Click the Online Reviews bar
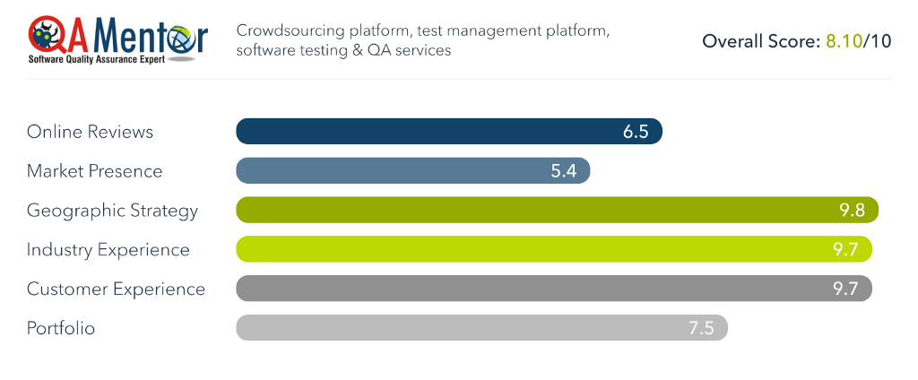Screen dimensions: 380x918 [x=448, y=132]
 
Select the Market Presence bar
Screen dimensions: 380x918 [x=412, y=171]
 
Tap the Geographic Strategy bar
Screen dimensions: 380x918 [x=556, y=211]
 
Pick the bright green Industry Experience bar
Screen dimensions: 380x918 [x=553, y=250]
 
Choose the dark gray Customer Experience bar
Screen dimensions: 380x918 [x=553, y=289]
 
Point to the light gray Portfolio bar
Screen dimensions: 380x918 [x=481, y=329]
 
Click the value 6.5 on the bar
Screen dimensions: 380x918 [x=636, y=132]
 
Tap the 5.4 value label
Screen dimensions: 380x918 [x=564, y=171]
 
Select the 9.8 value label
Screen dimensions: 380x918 [x=853, y=211]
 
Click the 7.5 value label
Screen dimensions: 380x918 [x=701, y=329]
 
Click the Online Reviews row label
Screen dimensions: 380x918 [x=90, y=132]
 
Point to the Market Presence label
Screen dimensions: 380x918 [x=94, y=171]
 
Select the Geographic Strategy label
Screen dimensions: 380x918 [x=112, y=211]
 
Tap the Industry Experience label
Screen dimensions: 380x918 [x=108, y=250]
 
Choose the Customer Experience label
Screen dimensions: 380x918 [x=116, y=289]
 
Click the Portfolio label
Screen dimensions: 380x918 [x=61, y=329]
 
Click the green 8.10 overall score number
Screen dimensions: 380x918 [x=843, y=41]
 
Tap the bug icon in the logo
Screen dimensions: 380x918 [x=47, y=36]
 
